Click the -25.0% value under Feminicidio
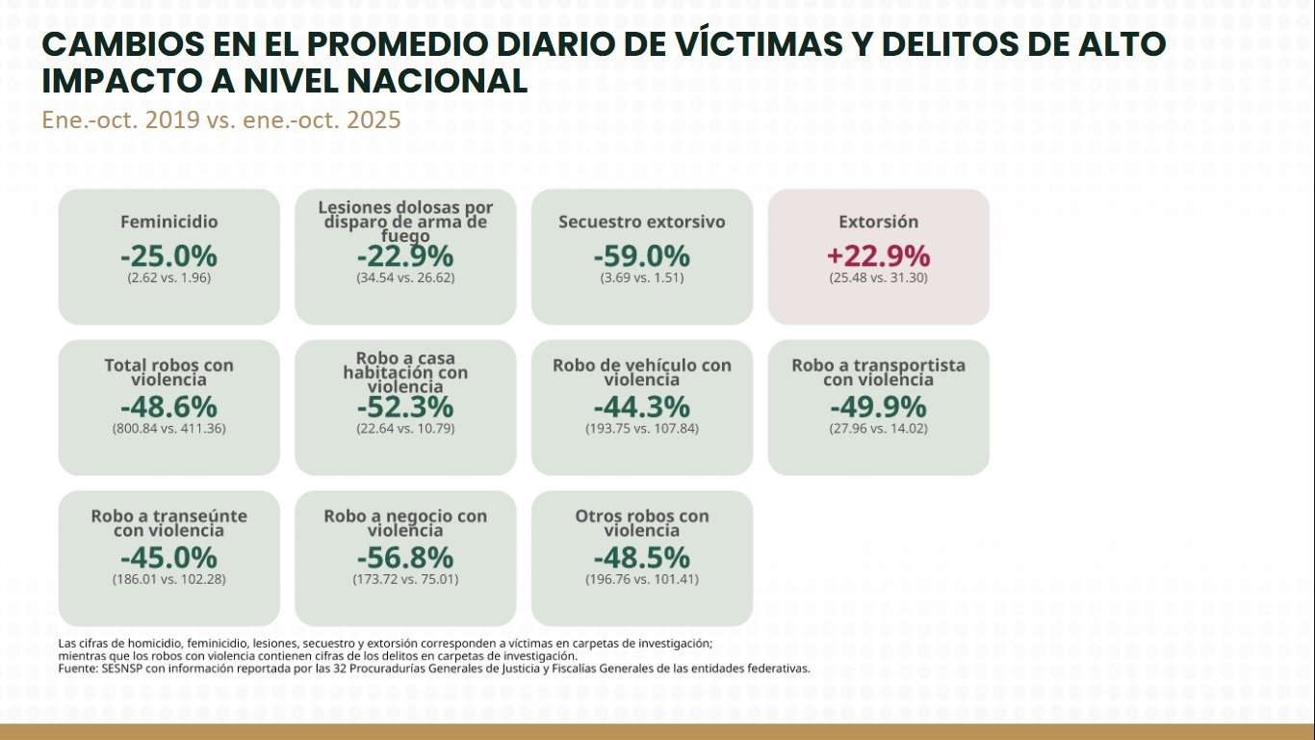click(x=168, y=256)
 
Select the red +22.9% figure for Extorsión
click(x=878, y=256)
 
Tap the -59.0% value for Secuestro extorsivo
click(x=641, y=256)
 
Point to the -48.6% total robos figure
click(x=168, y=407)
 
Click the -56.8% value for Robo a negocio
click(x=405, y=558)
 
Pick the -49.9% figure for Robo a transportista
click(x=878, y=407)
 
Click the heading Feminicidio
click(x=168, y=222)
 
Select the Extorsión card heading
click(x=878, y=222)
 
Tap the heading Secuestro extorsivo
click(x=641, y=222)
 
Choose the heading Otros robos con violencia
click(x=641, y=523)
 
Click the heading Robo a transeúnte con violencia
click(x=168, y=523)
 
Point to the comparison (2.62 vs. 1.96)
click(x=168, y=277)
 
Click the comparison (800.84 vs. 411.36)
click(x=168, y=428)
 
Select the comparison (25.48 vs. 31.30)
click(x=878, y=277)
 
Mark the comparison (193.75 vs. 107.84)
click(x=641, y=428)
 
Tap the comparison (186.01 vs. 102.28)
click(x=168, y=579)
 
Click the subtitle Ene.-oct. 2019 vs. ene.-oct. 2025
click(x=220, y=121)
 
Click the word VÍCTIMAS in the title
click(x=805, y=44)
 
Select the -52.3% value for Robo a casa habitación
click(x=405, y=407)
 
